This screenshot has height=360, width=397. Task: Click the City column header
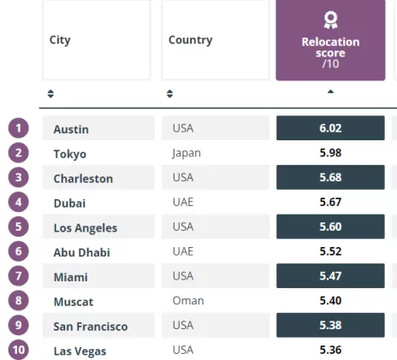pos(97,40)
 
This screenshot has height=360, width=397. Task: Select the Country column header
pos(216,40)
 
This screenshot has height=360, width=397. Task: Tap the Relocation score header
pos(330,40)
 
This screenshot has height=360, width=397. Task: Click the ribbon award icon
pos(330,20)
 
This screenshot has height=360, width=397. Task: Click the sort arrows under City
pos(50,94)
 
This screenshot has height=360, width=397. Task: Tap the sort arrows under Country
pos(169,94)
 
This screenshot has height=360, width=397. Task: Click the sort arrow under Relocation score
pos(330,91)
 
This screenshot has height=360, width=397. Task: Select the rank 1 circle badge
pos(19,128)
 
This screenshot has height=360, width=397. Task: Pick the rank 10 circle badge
pos(19,350)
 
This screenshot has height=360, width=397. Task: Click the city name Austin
pos(71,129)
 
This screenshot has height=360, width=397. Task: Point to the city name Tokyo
pos(70,154)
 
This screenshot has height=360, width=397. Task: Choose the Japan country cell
pos(187,153)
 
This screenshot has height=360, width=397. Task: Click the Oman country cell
pos(188,301)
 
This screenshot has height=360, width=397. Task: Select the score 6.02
pos(330,128)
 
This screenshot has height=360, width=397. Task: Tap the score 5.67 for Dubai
pos(330,202)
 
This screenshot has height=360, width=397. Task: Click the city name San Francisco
pos(91,327)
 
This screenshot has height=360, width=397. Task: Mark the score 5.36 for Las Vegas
pos(330,350)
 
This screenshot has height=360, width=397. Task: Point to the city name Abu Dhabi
pos(82,252)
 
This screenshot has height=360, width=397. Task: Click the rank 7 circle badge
pos(19,276)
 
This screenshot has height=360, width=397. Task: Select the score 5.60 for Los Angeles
pos(330,227)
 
